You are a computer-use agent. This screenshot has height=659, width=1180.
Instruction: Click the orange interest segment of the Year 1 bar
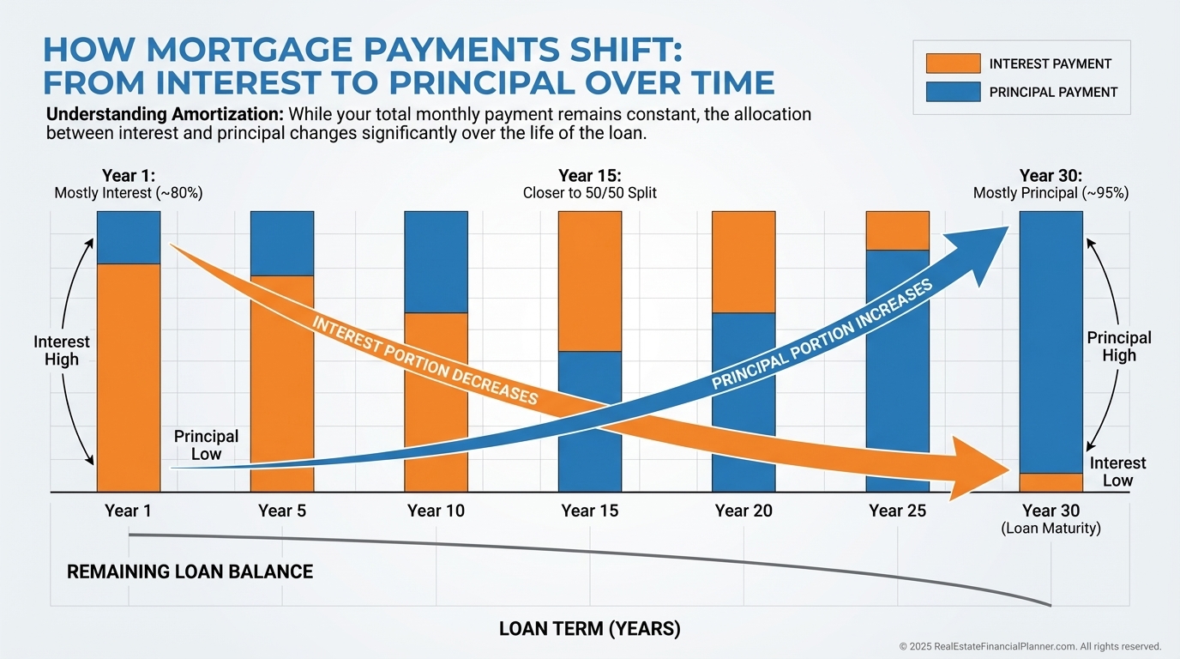(x=129, y=378)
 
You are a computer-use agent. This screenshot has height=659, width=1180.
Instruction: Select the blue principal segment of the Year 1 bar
(x=129, y=237)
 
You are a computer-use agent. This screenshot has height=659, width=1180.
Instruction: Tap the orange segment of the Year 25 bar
(x=898, y=230)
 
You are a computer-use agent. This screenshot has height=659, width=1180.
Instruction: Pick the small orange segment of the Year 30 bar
(x=1051, y=483)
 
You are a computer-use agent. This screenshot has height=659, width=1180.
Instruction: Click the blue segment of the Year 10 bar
(x=436, y=262)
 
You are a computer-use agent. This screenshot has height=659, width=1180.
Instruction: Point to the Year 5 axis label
(x=282, y=511)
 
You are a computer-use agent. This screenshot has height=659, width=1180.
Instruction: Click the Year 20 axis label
(x=744, y=511)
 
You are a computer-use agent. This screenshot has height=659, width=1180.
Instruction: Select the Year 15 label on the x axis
(x=590, y=511)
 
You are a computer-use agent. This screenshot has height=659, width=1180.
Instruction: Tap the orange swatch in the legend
(x=953, y=63)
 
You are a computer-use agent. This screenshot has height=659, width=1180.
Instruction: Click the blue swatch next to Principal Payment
(x=953, y=92)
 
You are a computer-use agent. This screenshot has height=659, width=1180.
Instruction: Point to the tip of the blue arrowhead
(x=1008, y=227)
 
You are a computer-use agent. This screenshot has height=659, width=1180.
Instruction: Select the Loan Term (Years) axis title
(x=590, y=629)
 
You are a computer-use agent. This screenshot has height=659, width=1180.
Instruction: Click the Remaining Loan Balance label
(x=190, y=571)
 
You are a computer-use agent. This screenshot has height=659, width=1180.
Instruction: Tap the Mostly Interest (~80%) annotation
(x=129, y=193)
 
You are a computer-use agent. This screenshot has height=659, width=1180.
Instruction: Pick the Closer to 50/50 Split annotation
(x=590, y=193)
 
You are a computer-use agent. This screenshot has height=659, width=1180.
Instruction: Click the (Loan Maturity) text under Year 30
(x=1051, y=529)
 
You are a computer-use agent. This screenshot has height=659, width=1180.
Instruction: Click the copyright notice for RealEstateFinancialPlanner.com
(x=1030, y=646)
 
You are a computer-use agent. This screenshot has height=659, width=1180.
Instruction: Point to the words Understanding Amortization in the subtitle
(x=165, y=114)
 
